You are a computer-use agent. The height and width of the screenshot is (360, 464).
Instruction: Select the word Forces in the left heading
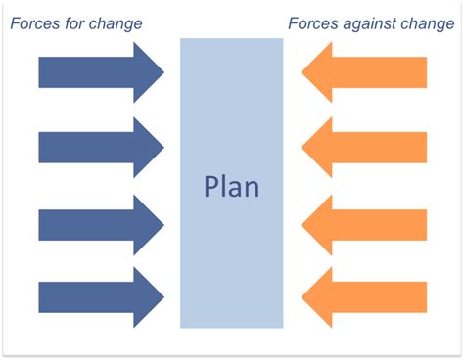pos(33,22)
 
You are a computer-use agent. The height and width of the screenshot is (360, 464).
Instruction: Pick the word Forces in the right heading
pos(312,22)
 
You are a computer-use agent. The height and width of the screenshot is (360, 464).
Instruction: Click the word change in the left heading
pos(116,22)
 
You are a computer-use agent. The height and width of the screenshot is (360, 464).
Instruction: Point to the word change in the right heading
pos(427,22)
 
